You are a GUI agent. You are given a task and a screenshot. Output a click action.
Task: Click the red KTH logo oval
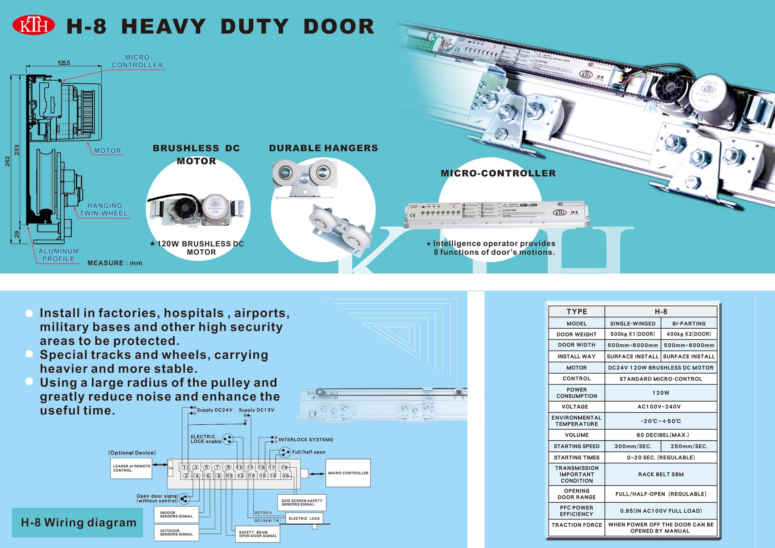(x=33, y=25)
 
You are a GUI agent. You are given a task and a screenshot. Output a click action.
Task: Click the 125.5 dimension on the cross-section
(x=63, y=63)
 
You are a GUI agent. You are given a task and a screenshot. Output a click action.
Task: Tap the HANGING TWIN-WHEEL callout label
(x=104, y=209)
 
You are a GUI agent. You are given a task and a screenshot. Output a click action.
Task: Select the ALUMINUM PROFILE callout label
(x=58, y=255)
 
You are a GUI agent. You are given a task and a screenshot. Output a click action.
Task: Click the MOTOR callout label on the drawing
(x=107, y=151)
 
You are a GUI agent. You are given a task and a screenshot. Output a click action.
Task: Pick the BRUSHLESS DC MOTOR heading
(x=196, y=154)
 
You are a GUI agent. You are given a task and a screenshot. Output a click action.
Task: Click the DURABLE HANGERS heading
(x=323, y=148)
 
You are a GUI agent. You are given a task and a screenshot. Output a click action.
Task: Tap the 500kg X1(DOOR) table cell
(x=633, y=334)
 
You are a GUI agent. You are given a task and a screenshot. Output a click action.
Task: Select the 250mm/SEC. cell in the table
(x=688, y=446)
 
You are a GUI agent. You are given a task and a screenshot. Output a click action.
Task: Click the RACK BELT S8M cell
(x=661, y=474)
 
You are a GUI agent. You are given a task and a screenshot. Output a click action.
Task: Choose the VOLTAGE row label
(x=576, y=406)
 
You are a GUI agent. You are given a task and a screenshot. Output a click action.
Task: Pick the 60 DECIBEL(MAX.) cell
(x=661, y=435)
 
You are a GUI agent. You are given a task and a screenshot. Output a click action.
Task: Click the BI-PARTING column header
(x=688, y=323)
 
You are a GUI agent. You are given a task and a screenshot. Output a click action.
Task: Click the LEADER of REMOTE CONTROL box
(x=131, y=468)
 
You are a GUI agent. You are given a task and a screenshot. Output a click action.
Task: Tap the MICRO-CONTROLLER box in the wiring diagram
(x=348, y=473)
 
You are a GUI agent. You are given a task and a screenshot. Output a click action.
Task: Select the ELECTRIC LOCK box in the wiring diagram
(x=304, y=518)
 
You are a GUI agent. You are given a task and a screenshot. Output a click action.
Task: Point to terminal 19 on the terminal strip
(x=284, y=467)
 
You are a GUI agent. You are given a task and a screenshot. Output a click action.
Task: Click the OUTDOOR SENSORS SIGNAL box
(x=176, y=532)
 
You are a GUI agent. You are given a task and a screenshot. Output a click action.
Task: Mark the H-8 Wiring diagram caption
(x=78, y=522)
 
